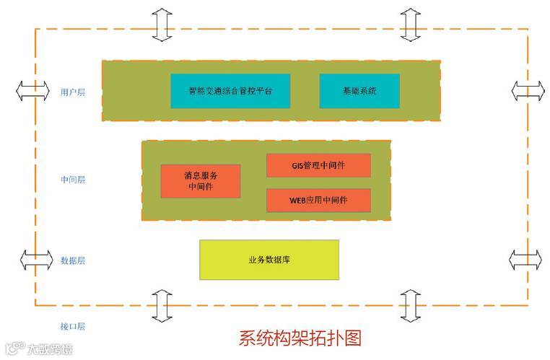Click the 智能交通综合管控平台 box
tap(230, 91)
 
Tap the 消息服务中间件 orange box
tap(200, 180)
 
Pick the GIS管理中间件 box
tap(318, 165)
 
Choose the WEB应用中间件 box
tap(318, 200)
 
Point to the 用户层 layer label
tap(73, 92)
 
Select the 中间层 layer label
tap(73, 180)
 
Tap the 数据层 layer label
tap(73, 260)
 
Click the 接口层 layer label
tap(73, 326)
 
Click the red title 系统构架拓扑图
tap(300, 338)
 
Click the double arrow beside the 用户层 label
tap(34, 91)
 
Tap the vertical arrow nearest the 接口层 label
tap(162, 306)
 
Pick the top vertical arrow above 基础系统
tap(410, 24)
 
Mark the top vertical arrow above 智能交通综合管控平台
tap(162, 24)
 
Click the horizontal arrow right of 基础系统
tap(528, 91)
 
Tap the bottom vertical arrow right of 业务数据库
tap(410, 306)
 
